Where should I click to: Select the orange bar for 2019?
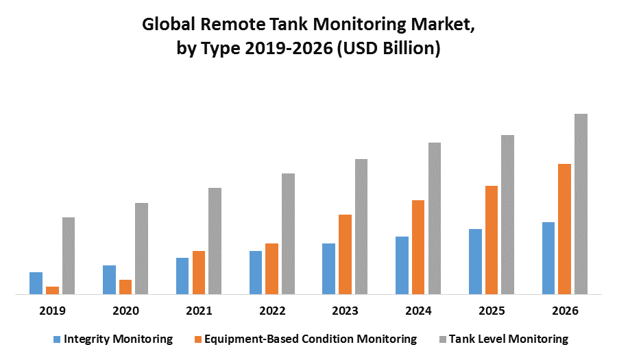click(x=52, y=291)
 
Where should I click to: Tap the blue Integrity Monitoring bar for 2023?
click(x=328, y=269)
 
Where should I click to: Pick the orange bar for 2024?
click(x=418, y=247)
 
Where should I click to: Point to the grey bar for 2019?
click(x=69, y=256)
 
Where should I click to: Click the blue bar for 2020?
click(x=109, y=280)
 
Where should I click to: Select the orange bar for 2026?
click(x=564, y=229)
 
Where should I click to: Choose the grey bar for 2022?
click(x=288, y=234)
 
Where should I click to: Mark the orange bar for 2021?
click(x=199, y=272)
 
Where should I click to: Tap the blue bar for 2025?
click(x=475, y=261)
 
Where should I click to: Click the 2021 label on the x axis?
click(x=199, y=311)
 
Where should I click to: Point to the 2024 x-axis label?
click(x=418, y=311)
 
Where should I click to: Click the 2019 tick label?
click(x=52, y=311)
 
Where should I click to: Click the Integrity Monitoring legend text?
click(x=118, y=339)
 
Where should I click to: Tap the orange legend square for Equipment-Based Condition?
click(x=198, y=339)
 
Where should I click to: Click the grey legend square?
click(x=442, y=339)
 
